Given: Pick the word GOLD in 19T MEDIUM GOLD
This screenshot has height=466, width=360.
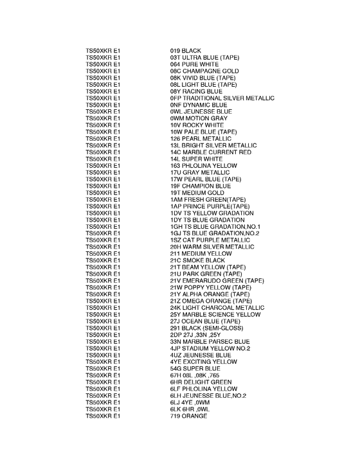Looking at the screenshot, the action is (215, 193).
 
